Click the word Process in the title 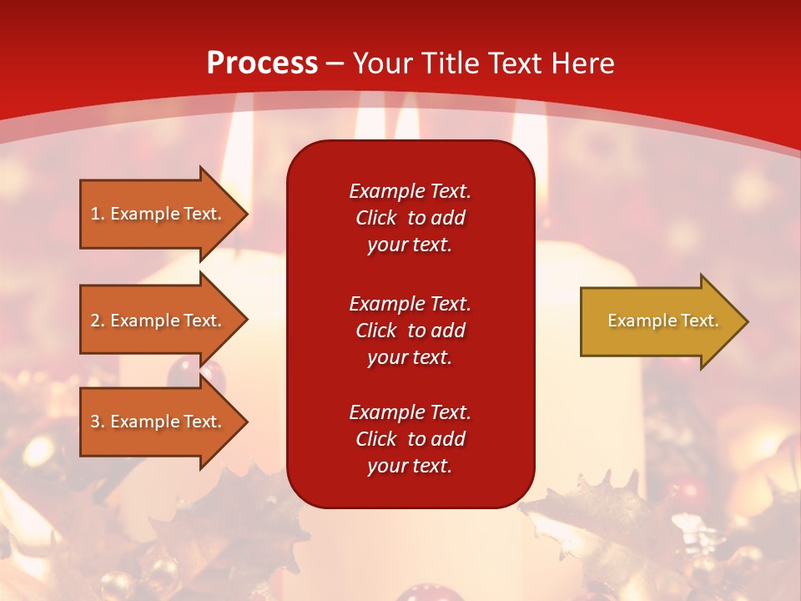[x=262, y=63]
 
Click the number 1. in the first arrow [x=98, y=214]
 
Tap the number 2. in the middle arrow [x=98, y=321]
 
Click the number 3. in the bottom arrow [x=98, y=422]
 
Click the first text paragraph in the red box [x=410, y=218]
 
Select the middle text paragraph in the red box [x=410, y=331]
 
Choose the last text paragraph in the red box [x=410, y=439]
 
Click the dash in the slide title [x=335, y=63]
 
